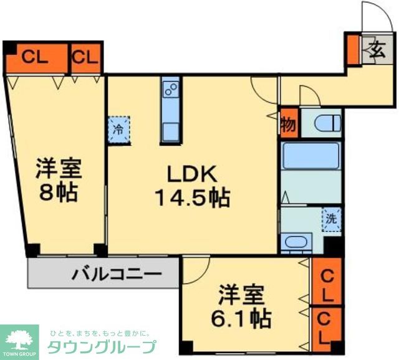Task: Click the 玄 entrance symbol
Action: [x=377, y=48]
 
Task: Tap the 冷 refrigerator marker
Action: [x=118, y=130]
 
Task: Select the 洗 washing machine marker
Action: [x=332, y=219]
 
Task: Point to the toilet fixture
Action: [x=325, y=122]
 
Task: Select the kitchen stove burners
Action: [x=170, y=91]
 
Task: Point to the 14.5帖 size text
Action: [x=192, y=199]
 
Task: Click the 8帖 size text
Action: [x=57, y=192]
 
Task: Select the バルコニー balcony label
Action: [x=117, y=273]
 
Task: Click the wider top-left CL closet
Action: [x=36, y=57]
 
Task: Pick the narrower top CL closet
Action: [x=85, y=57]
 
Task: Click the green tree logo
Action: [x=19, y=339]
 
